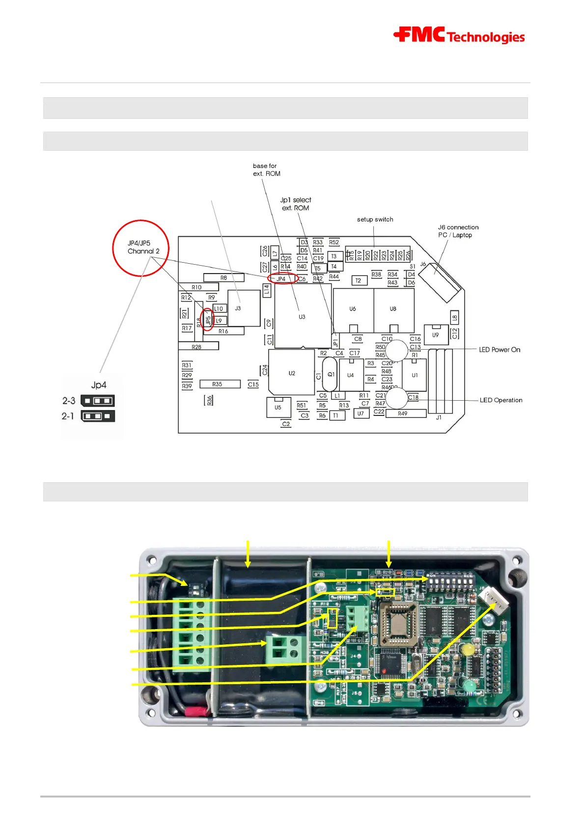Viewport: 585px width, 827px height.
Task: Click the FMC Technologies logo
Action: (459, 35)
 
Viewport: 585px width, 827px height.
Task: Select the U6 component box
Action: (353, 309)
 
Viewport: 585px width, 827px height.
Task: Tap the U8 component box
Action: (393, 309)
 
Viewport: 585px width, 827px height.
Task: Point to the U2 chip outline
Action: (292, 373)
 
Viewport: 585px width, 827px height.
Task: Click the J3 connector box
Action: (244, 308)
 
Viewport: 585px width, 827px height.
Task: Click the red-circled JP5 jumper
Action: (208, 320)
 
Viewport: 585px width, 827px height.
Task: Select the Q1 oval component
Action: (330, 374)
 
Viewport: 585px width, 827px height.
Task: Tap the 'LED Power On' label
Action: (499, 350)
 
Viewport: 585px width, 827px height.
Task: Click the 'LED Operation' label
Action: (501, 400)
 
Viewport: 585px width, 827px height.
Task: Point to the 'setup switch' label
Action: (375, 220)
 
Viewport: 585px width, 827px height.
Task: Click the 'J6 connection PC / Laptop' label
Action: (458, 231)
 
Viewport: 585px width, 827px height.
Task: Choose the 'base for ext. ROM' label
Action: (266, 169)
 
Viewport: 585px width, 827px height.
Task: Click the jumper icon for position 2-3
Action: (98, 401)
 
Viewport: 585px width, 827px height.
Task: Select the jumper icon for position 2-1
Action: (98, 416)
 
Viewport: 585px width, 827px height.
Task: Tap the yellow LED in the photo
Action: (469, 649)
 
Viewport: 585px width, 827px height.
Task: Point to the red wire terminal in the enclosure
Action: (196, 711)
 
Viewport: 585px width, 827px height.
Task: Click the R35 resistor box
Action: (220, 384)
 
